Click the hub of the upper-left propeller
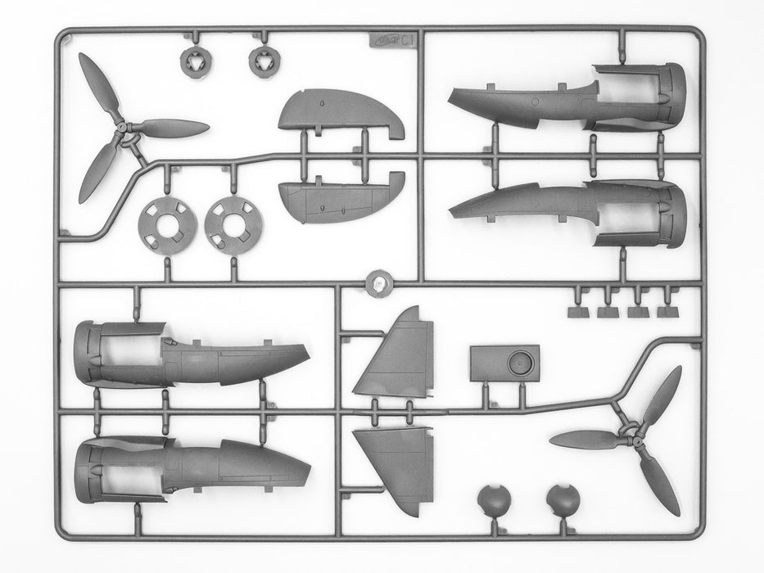click(x=120, y=129)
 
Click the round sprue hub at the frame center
click(x=378, y=282)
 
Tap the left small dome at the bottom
click(x=490, y=500)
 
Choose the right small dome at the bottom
click(x=560, y=500)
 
